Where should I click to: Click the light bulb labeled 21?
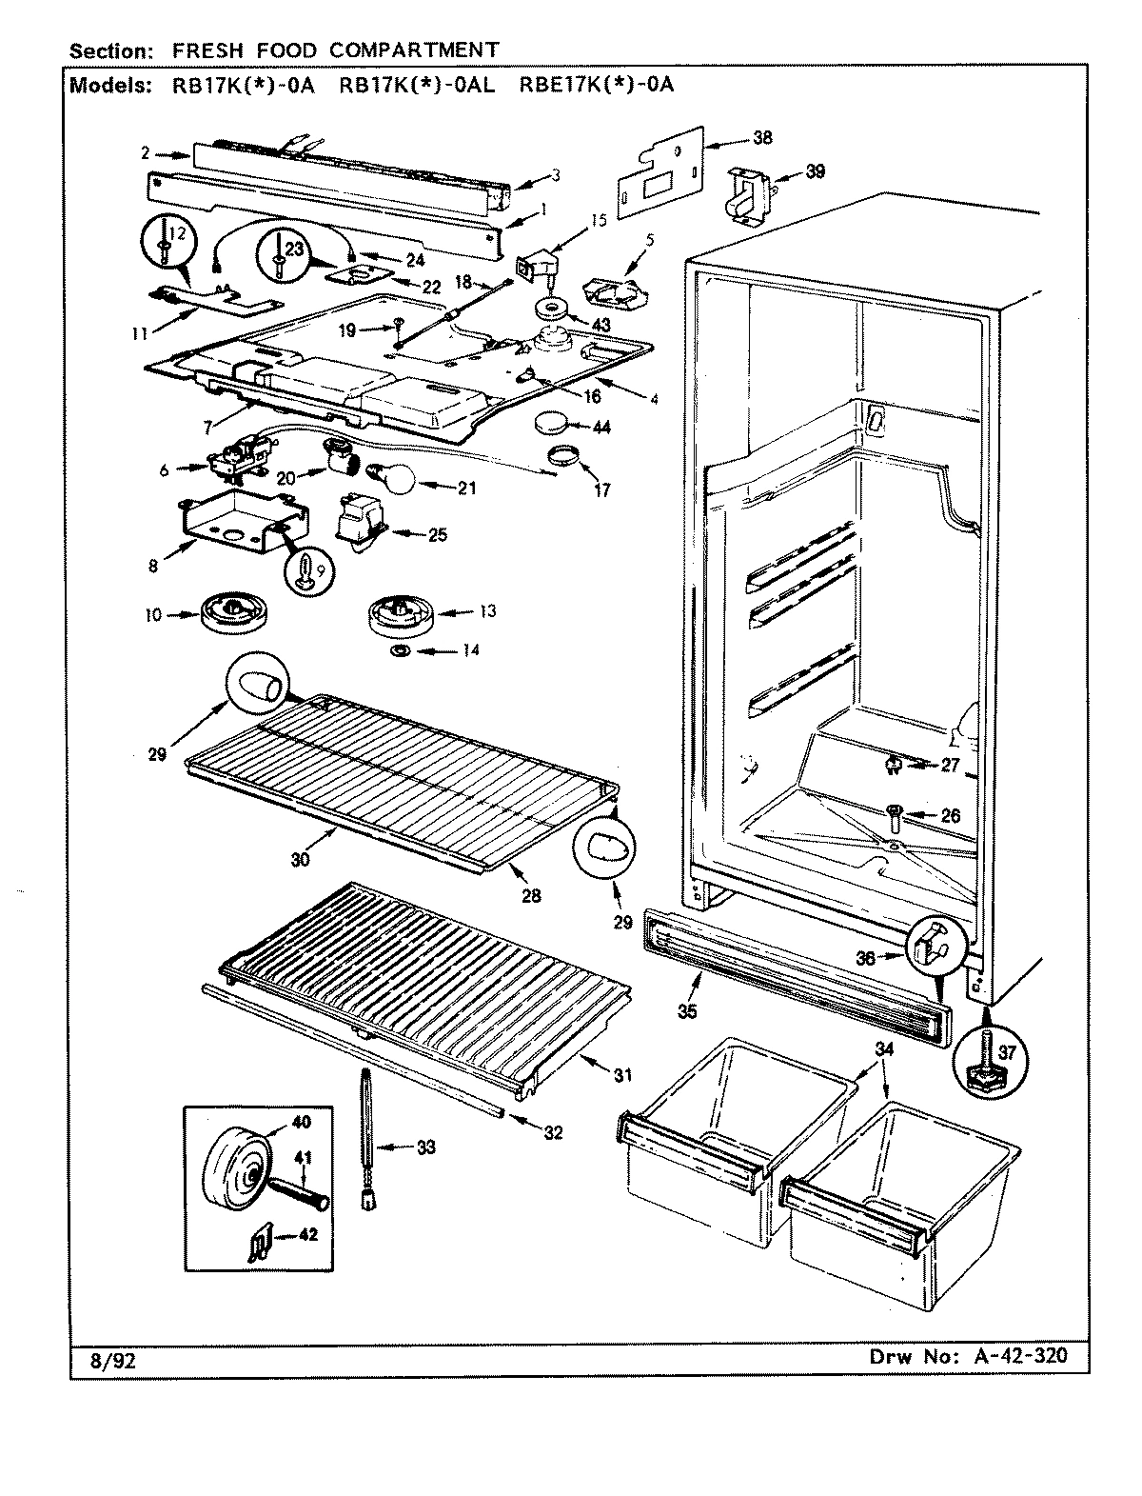click(x=392, y=476)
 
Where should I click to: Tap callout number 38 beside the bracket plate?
click(x=762, y=137)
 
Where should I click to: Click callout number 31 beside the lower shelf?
click(x=621, y=1076)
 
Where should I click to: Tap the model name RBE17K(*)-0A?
click(x=596, y=85)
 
